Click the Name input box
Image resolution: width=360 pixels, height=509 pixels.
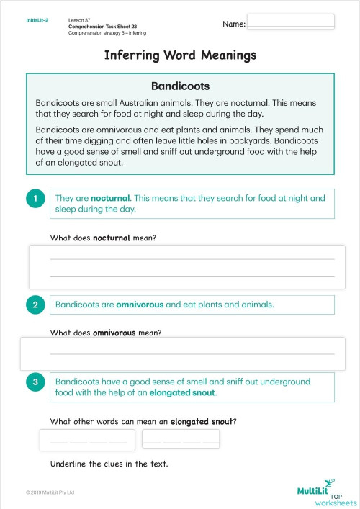click(x=290, y=21)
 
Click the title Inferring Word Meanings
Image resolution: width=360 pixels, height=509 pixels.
click(x=180, y=55)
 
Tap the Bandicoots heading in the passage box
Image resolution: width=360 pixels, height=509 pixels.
click(x=180, y=85)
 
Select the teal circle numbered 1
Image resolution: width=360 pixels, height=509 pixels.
click(x=35, y=199)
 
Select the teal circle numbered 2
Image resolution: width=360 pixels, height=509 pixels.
click(x=35, y=305)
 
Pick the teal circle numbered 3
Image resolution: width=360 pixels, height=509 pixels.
click(x=35, y=382)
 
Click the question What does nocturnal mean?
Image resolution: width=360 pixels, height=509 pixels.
click(x=103, y=238)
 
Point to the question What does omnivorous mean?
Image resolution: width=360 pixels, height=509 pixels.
click(x=105, y=333)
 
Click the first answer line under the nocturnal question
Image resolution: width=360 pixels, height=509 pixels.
click(x=192, y=258)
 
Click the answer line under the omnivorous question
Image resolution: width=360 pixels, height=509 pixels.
click(x=192, y=353)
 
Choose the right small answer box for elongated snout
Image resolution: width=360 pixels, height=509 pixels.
click(x=181, y=438)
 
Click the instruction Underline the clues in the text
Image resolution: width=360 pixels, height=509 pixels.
click(x=109, y=464)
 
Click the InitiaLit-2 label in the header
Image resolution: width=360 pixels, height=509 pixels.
click(x=37, y=20)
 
